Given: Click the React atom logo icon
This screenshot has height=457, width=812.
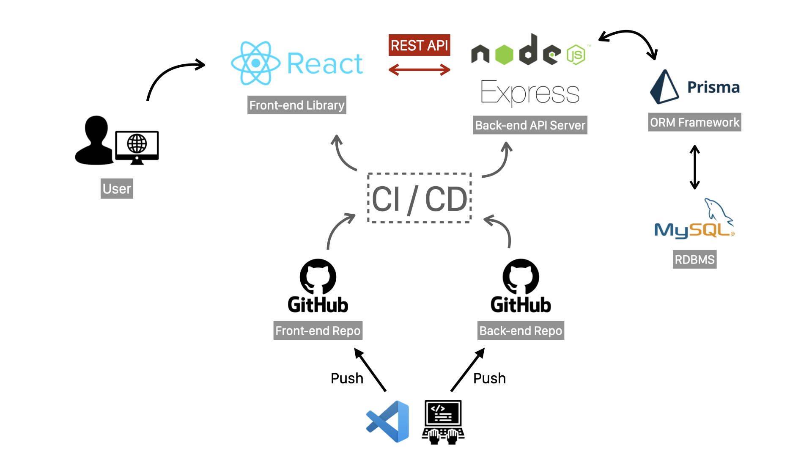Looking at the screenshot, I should pyautogui.click(x=255, y=63).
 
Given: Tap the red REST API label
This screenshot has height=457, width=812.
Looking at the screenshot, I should pyautogui.click(x=419, y=45).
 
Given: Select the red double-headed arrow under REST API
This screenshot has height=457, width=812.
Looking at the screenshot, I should pyautogui.click(x=419, y=70).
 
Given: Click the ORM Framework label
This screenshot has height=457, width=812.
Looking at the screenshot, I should pyautogui.click(x=694, y=122).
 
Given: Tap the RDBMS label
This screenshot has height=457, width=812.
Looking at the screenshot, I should pyautogui.click(x=694, y=259).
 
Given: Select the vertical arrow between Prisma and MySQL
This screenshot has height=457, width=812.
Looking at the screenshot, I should pyautogui.click(x=694, y=167).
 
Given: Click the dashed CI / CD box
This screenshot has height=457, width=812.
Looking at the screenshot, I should pyautogui.click(x=419, y=198).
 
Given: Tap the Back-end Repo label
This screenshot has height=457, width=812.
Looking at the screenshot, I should pyautogui.click(x=521, y=330).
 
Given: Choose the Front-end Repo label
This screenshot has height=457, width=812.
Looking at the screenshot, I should pyautogui.click(x=318, y=330).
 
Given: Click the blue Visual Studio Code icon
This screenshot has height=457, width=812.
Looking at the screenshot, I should pyautogui.click(x=388, y=421).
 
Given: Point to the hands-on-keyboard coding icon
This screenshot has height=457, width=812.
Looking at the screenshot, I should pyautogui.click(x=443, y=422).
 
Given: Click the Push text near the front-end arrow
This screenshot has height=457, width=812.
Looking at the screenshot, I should pyautogui.click(x=347, y=378).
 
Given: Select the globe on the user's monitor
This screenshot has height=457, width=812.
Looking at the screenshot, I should pyautogui.click(x=137, y=144).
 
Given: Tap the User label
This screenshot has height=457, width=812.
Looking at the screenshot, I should pyautogui.click(x=117, y=189).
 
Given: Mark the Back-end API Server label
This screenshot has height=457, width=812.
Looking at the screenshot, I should pyautogui.click(x=530, y=125).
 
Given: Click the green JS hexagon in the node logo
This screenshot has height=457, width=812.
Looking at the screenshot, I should pyautogui.click(x=576, y=55).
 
